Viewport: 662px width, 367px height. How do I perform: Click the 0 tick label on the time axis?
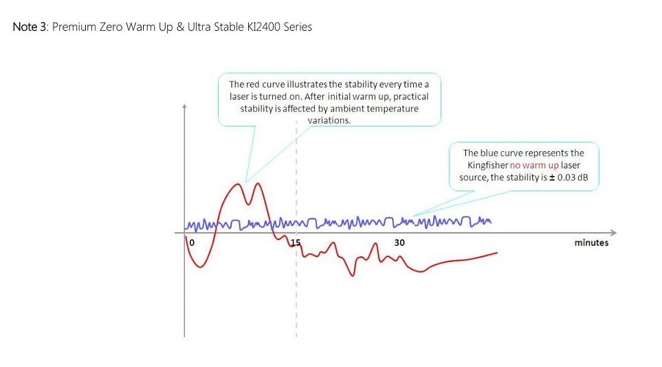(192, 243)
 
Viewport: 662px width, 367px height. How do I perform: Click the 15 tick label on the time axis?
(296, 243)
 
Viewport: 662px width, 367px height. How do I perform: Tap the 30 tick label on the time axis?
(399, 243)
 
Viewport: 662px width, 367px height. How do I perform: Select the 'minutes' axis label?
(591, 243)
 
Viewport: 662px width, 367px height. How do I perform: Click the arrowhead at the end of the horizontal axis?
(614, 233)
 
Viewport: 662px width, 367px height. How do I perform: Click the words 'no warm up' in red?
(534, 165)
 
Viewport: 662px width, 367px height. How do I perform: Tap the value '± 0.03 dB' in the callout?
(569, 177)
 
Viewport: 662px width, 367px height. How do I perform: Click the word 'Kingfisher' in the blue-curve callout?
(487, 165)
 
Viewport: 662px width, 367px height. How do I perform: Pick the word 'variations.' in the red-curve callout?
(329, 120)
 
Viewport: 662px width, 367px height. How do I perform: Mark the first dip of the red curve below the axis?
(200, 267)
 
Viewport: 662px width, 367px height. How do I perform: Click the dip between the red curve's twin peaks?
(249, 204)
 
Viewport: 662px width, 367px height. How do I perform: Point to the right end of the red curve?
(497, 253)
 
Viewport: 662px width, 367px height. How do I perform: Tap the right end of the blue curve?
(491, 221)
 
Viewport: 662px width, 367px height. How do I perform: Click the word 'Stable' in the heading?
(229, 27)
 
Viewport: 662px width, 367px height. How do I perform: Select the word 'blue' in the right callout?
(489, 153)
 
